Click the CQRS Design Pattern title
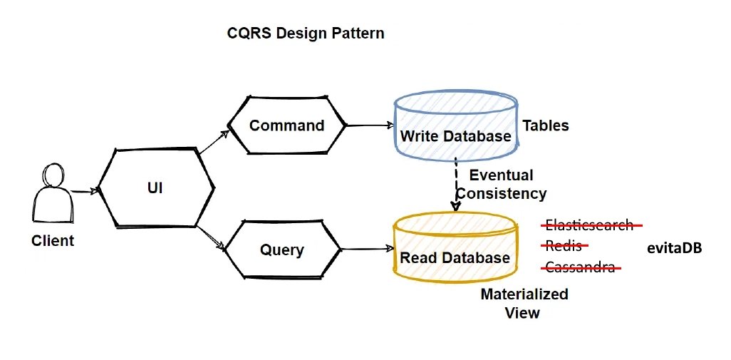point(305,34)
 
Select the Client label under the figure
point(53,241)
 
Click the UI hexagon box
point(155,188)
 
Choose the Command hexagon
point(286,125)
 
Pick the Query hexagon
point(282,250)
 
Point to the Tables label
point(546,125)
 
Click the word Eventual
point(501,175)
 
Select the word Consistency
point(502,193)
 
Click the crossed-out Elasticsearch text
point(589,225)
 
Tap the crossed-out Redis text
point(563,247)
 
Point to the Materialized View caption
point(524,303)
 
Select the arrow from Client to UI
point(84,190)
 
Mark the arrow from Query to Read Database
point(368,249)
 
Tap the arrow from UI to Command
point(212,143)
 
